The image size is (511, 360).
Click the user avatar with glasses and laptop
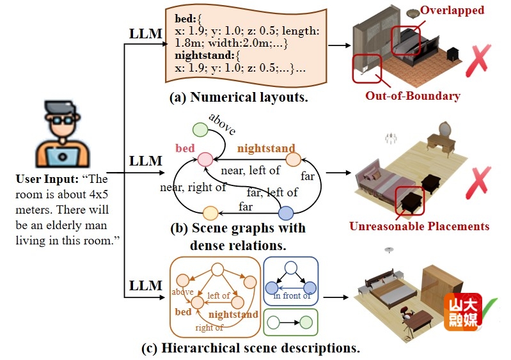[x=62, y=134]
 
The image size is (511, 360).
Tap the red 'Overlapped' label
[x=452, y=10]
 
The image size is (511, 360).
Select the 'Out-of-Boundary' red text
[x=413, y=96]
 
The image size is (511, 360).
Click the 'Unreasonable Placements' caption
[x=419, y=226]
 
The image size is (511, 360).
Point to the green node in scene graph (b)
[x=200, y=129]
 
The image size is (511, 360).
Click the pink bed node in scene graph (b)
[x=205, y=160]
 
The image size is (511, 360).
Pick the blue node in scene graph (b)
[x=286, y=213]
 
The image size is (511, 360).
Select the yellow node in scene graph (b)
[x=210, y=214]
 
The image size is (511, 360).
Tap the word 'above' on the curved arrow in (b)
[x=223, y=124]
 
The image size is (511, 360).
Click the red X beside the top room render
[x=478, y=60]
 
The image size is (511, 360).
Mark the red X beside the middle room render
[x=478, y=182]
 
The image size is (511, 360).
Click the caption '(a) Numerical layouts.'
[x=239, y=97]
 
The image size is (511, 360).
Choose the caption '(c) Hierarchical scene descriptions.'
[x=251, y=348]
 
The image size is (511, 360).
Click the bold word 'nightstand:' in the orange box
[x=204, y=56]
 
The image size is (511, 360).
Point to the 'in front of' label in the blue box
[x=292, y=295]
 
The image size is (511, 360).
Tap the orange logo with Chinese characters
[x=463, y=312]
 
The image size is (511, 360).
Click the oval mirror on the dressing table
[x=446, y=129]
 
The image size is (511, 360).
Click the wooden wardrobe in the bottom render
[x=441, y=285]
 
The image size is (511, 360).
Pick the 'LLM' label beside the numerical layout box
[x=145, y=33]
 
